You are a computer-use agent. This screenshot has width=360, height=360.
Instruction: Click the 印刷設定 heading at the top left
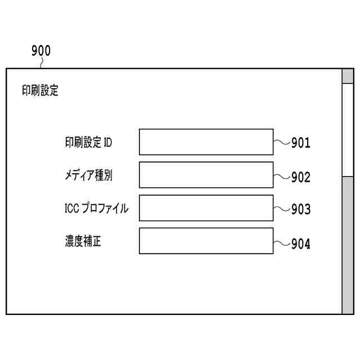[x=40, y=91]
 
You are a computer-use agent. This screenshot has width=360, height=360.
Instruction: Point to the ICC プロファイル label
[x=96, y=209]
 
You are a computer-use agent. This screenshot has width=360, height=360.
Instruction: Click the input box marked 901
[x=206, y=142]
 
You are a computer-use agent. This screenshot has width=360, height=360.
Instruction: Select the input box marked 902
[x=206, y=175]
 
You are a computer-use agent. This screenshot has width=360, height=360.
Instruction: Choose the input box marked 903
[x=206, y=208]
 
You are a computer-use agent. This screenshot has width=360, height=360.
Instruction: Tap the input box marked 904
[x=206, y=241]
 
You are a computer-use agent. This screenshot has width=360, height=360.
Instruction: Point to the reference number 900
[x=40, y=51]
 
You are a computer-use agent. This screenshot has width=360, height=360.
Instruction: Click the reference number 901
[x=300, y=143]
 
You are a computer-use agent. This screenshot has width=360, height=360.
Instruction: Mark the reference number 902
[x=300, y=177]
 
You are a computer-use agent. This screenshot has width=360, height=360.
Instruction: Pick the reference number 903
[x=300, y=210]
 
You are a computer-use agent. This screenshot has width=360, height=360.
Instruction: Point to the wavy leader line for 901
[x=281, y=141]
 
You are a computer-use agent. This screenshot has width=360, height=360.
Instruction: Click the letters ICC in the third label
[x=72, y=209]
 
